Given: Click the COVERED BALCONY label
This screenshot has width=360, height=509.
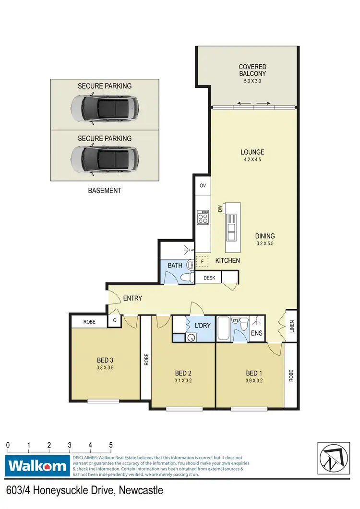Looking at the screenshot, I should click(x=252, y=70).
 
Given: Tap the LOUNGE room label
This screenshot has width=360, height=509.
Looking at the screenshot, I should click(x=252, y=152).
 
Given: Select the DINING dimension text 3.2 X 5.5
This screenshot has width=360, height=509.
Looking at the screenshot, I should click(x=265, y=244).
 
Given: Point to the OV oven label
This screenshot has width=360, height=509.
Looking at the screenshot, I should click(x=202, y=185).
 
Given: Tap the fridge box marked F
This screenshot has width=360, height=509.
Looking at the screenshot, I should click(x=203, y=261).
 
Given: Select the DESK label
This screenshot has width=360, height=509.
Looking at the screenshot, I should click(x=209, y=278).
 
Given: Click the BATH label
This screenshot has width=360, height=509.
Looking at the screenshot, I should click(x=175, y=265).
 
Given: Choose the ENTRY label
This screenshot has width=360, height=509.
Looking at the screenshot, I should click(x=132, y=298).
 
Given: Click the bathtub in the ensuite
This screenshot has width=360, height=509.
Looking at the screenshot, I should click(x=224, y=330).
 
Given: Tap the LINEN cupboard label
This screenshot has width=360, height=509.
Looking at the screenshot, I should click(x=291, y=326).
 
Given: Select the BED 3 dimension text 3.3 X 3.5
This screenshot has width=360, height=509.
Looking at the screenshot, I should click(x=105, y=368).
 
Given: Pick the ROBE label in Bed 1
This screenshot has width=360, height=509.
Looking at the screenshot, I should click(x=291, y=375).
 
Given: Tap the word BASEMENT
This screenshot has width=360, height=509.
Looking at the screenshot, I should click(x=105, y=191).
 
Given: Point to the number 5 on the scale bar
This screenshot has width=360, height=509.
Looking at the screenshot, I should click(x=111, y=445).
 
